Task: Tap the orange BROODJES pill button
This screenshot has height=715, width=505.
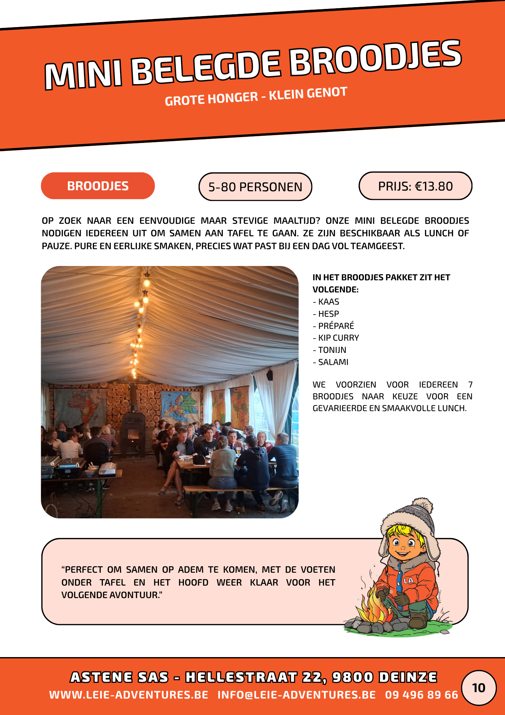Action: [98, 186]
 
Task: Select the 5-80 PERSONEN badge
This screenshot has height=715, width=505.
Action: [255, 187]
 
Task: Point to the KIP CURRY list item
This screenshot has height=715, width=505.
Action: [338, 338]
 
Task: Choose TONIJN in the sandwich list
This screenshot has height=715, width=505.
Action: [332, 350]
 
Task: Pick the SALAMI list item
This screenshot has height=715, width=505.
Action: [333, 362]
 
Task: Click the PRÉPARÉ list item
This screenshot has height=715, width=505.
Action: [336, 326]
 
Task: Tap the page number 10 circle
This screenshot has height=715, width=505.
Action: [479, 688]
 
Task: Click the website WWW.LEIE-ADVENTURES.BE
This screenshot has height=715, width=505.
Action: [129, 695]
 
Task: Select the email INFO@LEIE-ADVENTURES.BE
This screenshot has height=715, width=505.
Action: [296, 695]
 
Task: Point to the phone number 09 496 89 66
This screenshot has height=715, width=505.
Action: [421, 695]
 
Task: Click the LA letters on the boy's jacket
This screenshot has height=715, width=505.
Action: [409, 581]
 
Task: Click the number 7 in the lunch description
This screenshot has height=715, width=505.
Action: [470, 385]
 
